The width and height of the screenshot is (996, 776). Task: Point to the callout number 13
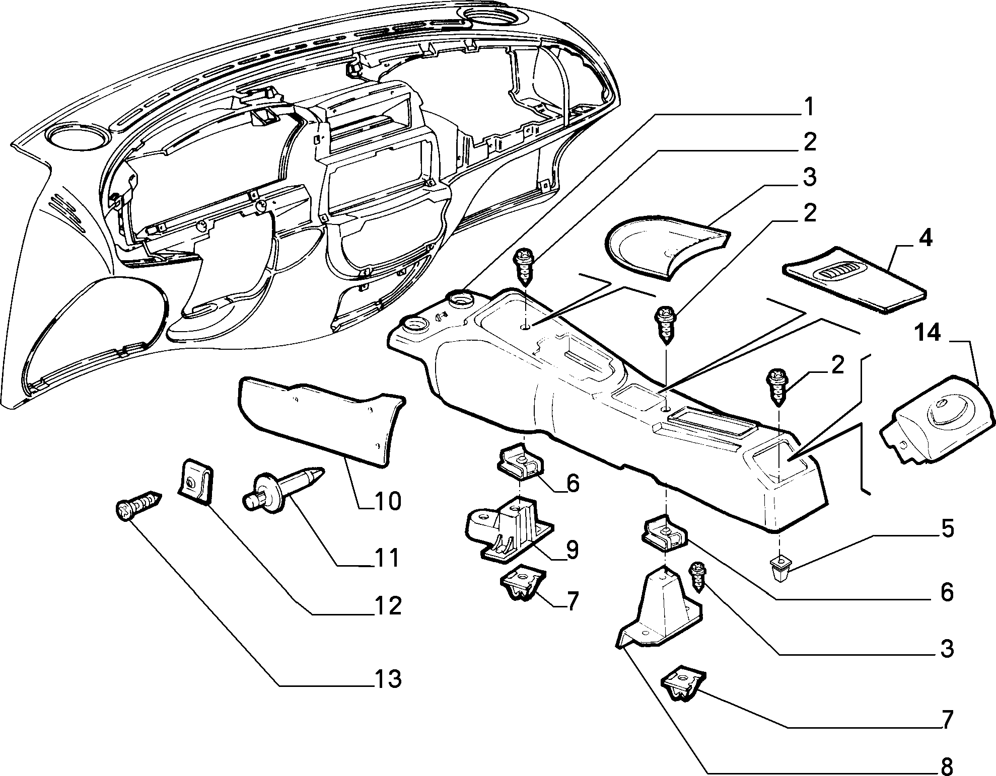point(387,680)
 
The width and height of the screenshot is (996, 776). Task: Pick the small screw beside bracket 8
point(697,577)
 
